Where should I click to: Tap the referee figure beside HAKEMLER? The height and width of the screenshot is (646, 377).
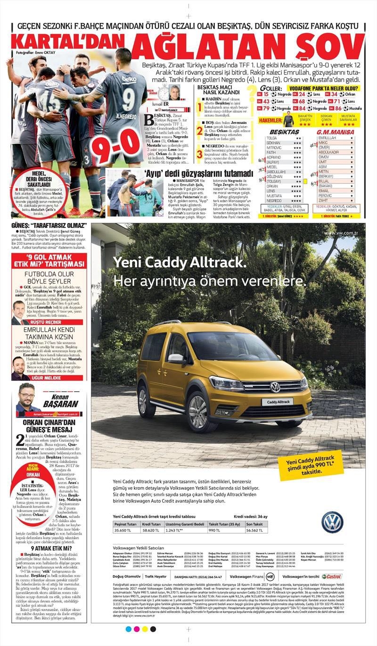(x=288, y=120)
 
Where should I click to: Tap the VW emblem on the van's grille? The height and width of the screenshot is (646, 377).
(x=275, y=387)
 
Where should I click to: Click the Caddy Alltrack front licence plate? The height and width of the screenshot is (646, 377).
(x=278, y=402)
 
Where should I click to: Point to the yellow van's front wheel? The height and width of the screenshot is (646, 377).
(x=198, y=411)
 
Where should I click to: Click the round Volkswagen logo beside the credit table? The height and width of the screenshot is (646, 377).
(x=332, y=522)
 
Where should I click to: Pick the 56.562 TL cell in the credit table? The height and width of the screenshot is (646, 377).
(x=255, y=530)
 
